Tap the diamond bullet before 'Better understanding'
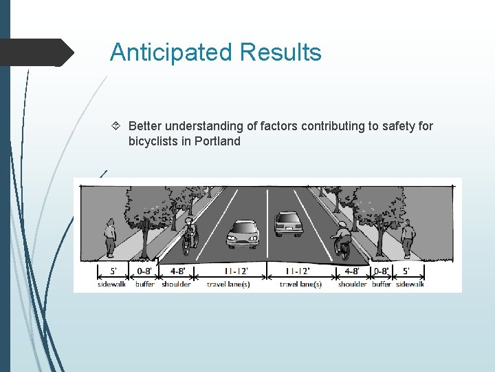pyautogui.click(x=116, y=126)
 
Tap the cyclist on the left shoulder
pyautogui.click(x=189, y=235)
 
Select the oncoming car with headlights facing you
pyautogui.click(x=243, y=234)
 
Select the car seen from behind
pyautogui.click(x=288, y=224)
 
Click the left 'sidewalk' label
pyautogui.click(x=111, y=284)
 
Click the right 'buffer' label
pyautogui.click(x=382, y=284)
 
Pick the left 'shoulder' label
pyautogui.click(x=176, y=284)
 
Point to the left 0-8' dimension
pyautogui.click(x=145, y=271)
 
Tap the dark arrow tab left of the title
pyautogui.click(x=38, y=52)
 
